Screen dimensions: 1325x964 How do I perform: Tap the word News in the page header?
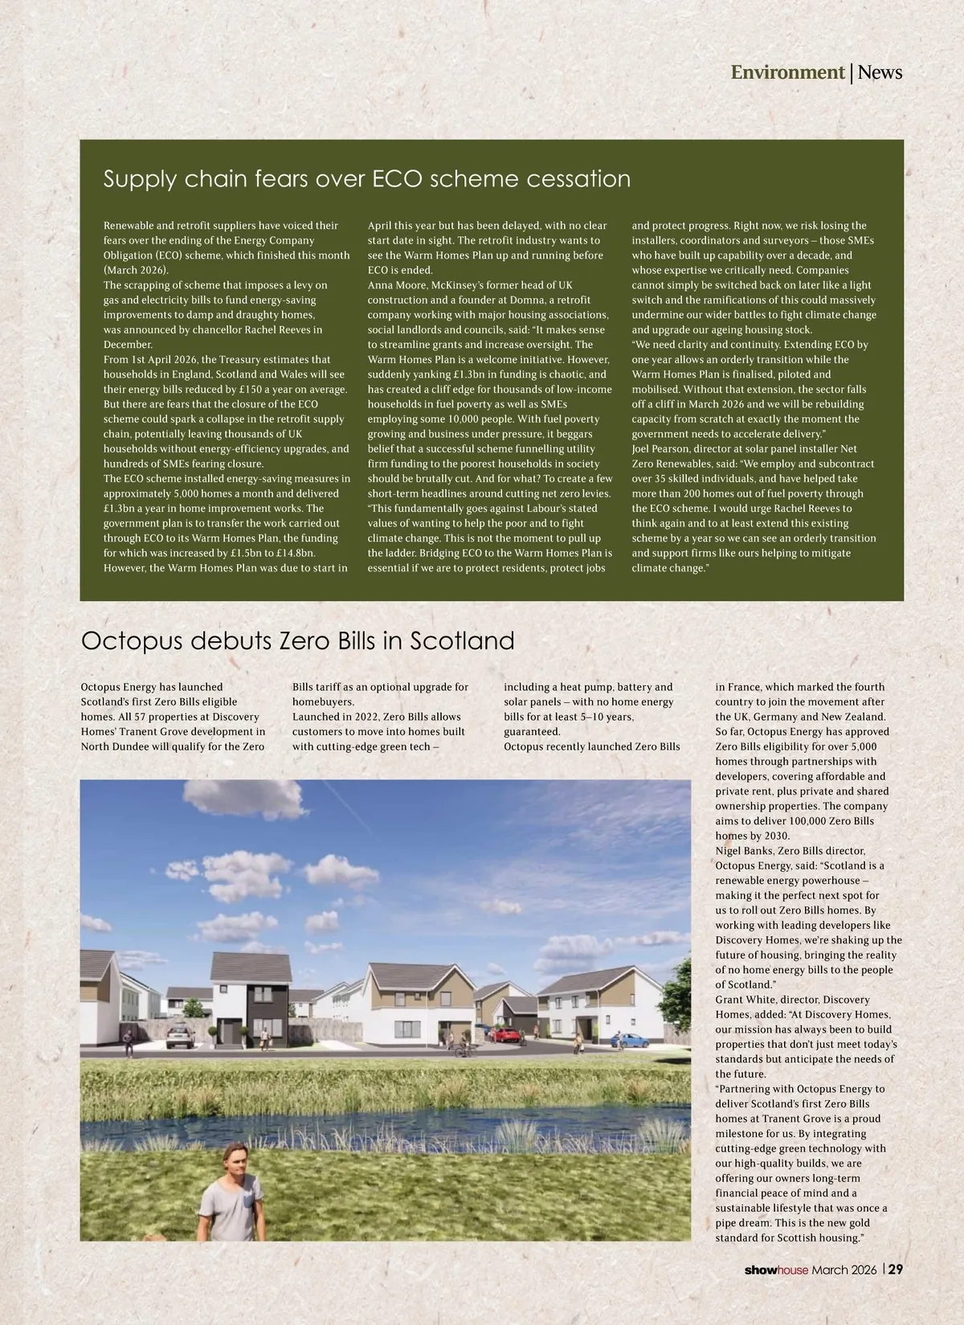(880, 72)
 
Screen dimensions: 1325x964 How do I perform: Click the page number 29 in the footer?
(895, 1270)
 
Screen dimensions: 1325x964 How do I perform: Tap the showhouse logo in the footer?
(775, 1270)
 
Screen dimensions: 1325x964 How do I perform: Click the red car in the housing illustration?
(503, 1034)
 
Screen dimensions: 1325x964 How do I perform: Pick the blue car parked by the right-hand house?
(635, 1040)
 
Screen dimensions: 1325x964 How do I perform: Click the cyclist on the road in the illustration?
(461, 1046)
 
